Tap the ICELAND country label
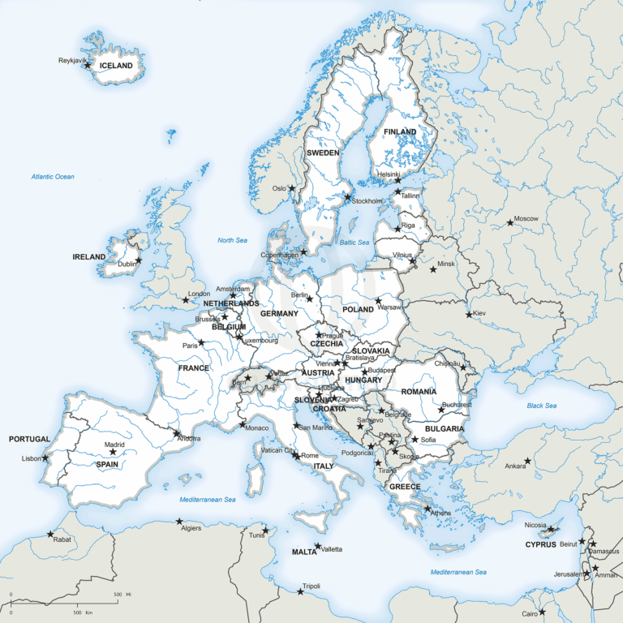point(116,66)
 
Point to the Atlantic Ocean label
point(53,176)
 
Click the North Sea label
point(232,240)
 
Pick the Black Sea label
point(541,406)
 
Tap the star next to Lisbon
point(45,458)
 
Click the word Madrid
point(114,444)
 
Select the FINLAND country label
point(400,131)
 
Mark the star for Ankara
point(527,461)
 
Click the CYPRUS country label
point(541,544)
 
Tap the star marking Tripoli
point(301,591)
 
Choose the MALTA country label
point(304,552)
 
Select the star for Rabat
point(50,534)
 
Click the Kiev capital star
point(470,315)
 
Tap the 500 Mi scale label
point(118,595)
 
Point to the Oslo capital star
point(292,188)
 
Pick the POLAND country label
point(359,310)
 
